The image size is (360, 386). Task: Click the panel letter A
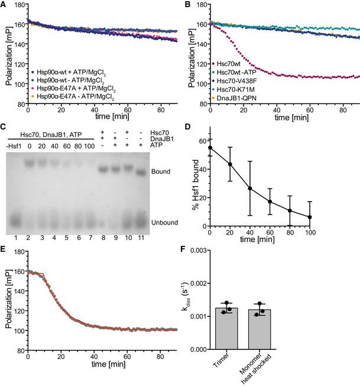coord(4,4)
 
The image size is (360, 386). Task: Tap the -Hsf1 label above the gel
coord(12,145)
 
